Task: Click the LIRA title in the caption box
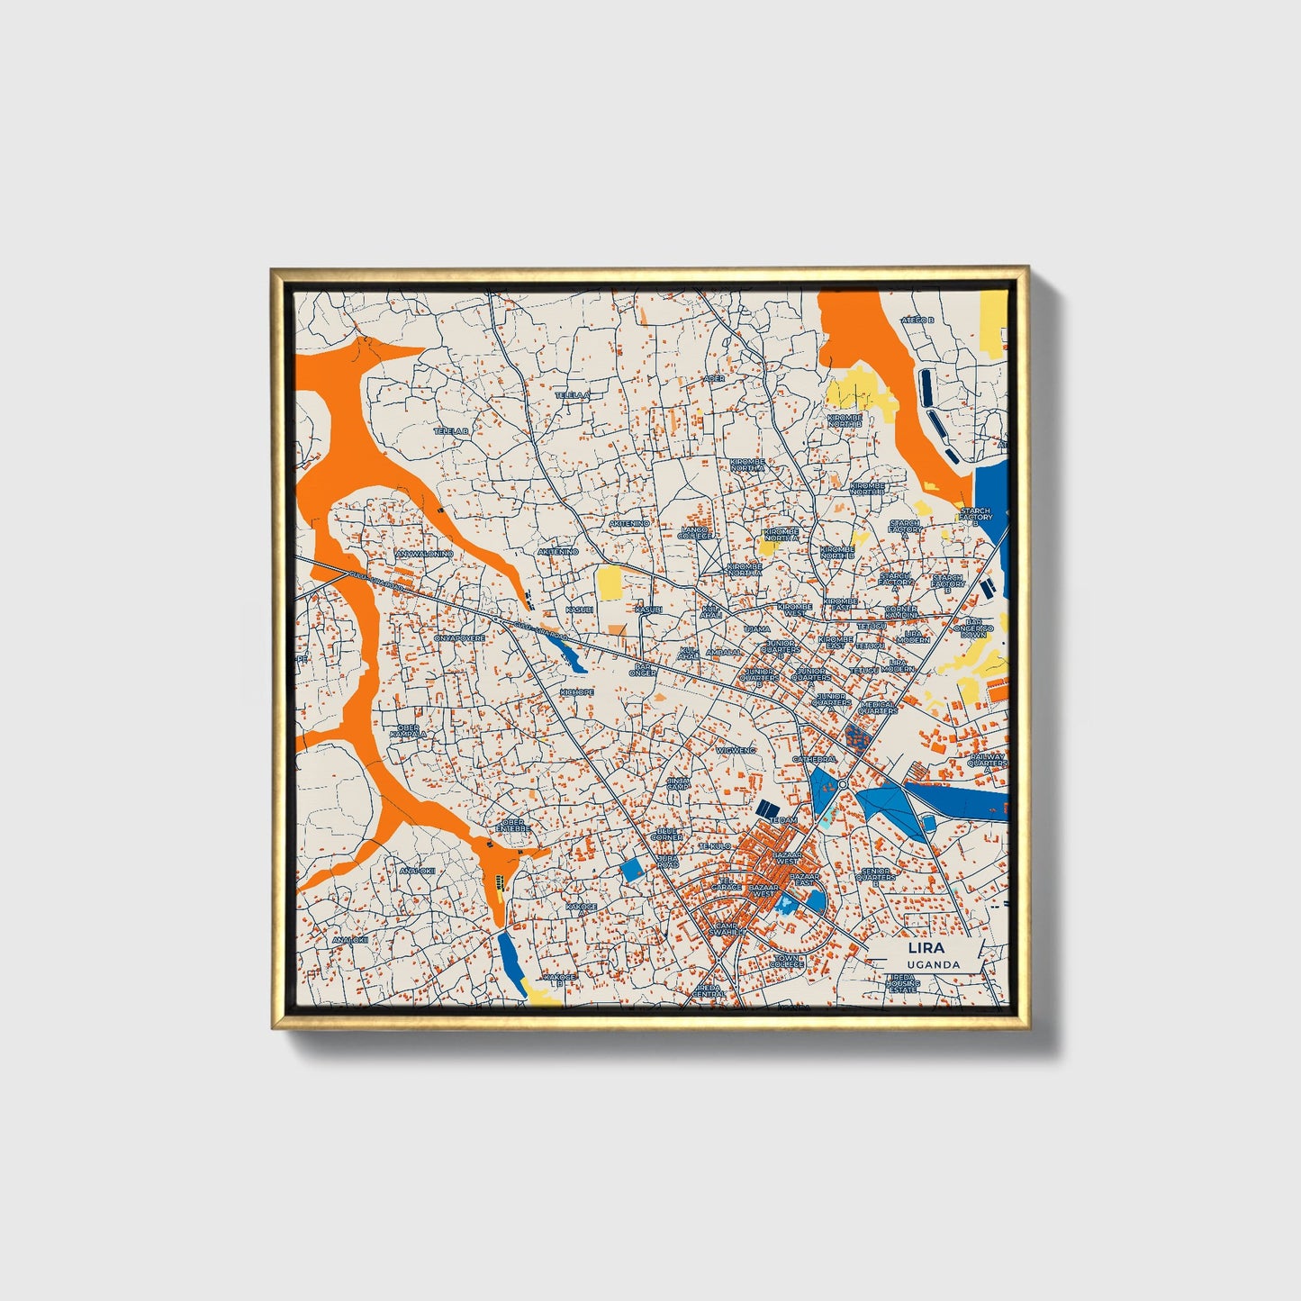926,948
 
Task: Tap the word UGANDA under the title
933,964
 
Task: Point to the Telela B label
452,431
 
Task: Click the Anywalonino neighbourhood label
424,554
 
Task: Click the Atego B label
918,321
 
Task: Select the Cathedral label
814,760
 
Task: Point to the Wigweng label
736,750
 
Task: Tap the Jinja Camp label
678,783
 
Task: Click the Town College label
787,961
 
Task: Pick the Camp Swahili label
727,928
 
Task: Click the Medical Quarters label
877,707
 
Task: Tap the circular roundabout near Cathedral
842,785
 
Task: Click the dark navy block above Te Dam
767,807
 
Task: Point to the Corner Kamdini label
900,611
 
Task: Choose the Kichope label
576,691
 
